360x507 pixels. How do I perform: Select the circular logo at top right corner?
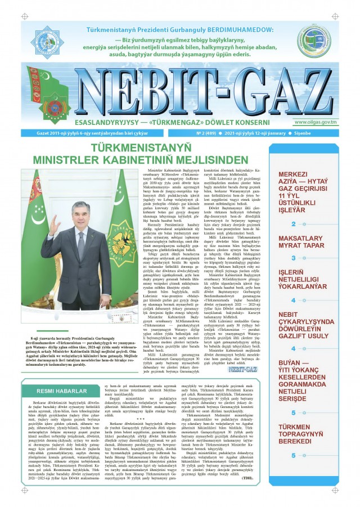(x=314, y=39)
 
